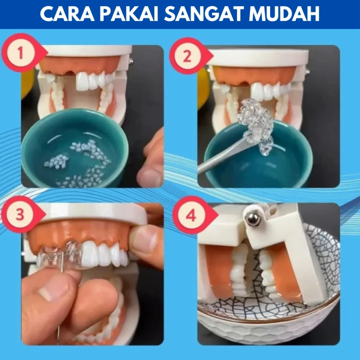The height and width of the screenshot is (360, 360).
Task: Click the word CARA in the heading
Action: point(67,14)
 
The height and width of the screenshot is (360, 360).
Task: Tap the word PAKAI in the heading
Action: point(129,14)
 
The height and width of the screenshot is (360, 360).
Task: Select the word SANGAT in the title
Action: point(204,14)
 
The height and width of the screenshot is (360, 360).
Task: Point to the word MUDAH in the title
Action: point(284,14)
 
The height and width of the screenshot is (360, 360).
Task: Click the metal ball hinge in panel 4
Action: point(253,218)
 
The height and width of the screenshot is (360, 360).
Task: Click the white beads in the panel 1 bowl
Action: point(78,163)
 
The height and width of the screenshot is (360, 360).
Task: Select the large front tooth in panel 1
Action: point(82,82)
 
